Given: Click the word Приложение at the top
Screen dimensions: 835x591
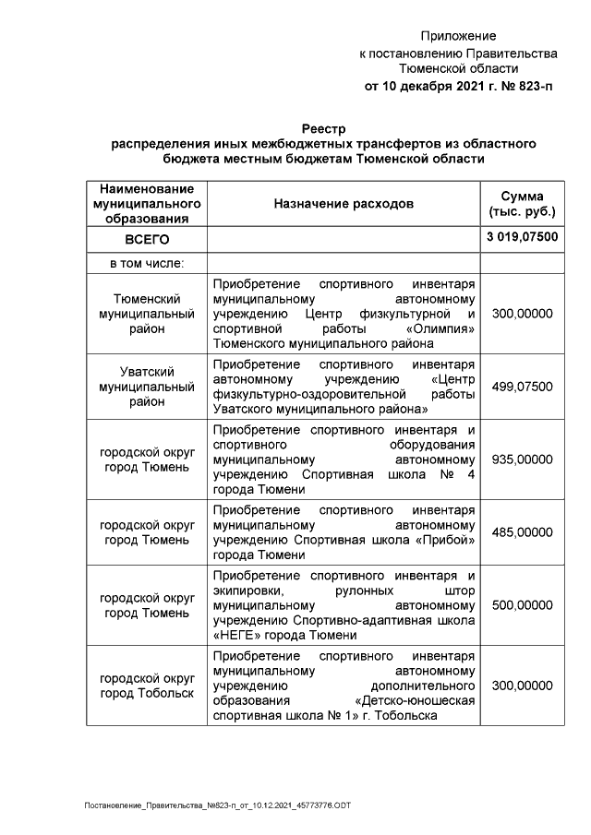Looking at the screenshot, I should click(458, 36).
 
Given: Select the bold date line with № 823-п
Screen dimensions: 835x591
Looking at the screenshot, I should click(458, 87).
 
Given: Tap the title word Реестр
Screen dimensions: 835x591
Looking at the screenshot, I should click(323, 127).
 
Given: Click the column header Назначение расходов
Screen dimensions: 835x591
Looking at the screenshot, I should click(344, 203).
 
